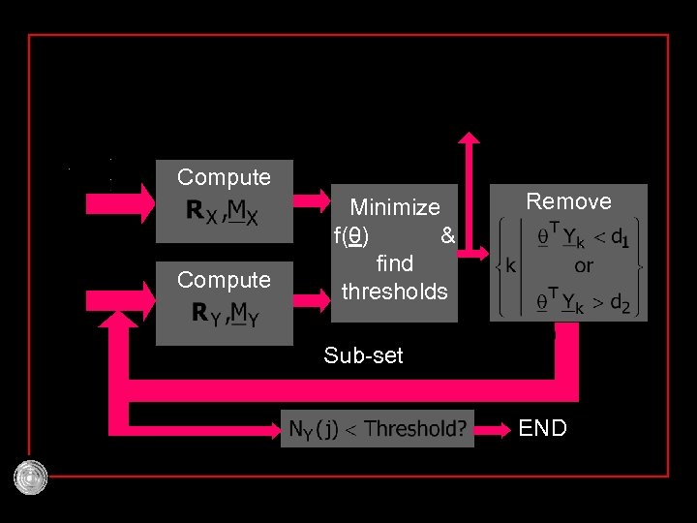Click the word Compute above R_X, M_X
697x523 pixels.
point(224,177)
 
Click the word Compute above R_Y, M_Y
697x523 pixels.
point(224,280)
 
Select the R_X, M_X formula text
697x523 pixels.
point(224,211)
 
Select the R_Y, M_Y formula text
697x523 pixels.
point(224,313)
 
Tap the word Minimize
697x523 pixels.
point(394,207)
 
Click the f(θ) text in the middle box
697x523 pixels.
point(350,235)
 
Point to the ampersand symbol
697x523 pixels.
point(446,235)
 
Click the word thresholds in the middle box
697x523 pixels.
point(394,292)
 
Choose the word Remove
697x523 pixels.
point(568,201)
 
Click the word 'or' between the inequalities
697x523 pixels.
point(584,264)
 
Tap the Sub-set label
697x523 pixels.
point(363,355)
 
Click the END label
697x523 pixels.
point(542,428)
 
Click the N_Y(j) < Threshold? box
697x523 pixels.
point(377,428)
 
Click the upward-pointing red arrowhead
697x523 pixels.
point(470,138)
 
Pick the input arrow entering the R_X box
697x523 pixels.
point(121,202)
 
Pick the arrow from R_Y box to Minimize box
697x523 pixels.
point(311,299)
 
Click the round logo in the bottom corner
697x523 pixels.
point(31,477)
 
